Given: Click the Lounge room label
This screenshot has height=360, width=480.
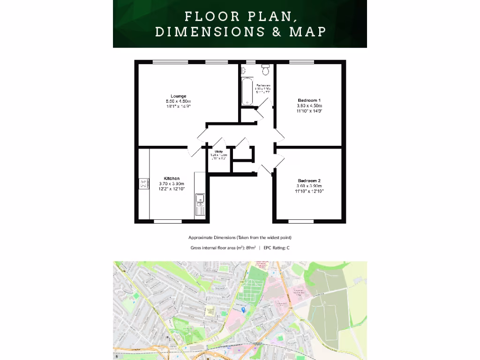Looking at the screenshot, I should coord(178,96).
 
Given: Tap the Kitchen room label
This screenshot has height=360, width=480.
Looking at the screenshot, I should coord(172,179).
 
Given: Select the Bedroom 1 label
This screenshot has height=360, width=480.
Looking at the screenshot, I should coord(309,100).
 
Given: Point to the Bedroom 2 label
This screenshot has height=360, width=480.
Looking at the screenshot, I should coord(309,180).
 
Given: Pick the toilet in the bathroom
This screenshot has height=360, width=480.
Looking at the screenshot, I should coord(266,70).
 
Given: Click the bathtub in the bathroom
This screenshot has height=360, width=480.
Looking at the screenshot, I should coord(247,92).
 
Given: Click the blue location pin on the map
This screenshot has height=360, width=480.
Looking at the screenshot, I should coord(243,310).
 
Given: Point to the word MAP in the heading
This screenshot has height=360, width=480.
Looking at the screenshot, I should coord(308,32).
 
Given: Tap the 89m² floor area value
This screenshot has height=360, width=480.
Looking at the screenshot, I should coord(250,247).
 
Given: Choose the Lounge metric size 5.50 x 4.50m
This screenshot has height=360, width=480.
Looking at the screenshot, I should coord(178,101).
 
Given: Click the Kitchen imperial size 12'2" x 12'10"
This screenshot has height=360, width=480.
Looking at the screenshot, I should coord(172,189).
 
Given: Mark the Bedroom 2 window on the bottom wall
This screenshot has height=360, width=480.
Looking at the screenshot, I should coord(300,221).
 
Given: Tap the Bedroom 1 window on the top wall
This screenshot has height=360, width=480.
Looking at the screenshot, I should coord(301,62).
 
